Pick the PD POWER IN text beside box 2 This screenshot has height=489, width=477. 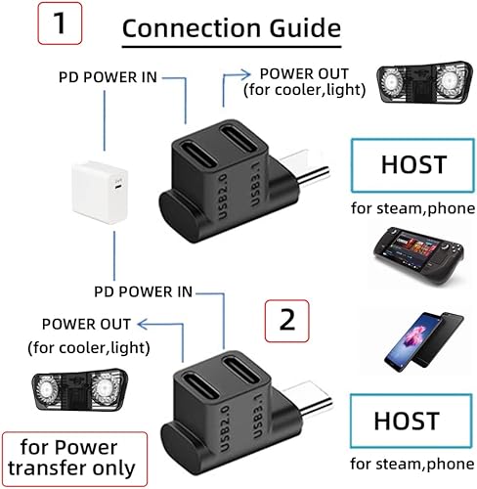point(142,291)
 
